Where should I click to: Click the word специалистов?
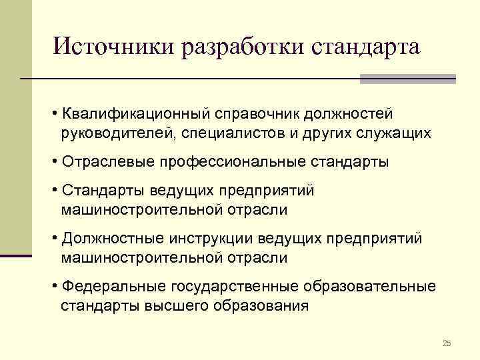[x=233, y=133]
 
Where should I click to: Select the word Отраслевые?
[x=104, y=162]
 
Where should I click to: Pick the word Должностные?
[x=113, y=239]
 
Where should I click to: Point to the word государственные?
[x=233, y=287]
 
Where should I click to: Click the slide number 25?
[x=447, y=343]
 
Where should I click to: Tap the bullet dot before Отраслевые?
[x=53, y=162]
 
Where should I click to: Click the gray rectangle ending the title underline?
[x=407, y=79]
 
